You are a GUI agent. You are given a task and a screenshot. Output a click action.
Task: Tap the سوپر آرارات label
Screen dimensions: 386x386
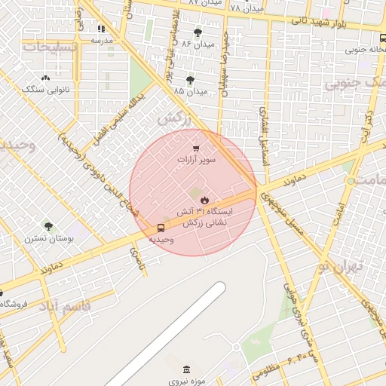point(197,161)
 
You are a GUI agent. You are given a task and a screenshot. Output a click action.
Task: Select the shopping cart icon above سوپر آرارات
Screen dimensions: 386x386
point(196,149)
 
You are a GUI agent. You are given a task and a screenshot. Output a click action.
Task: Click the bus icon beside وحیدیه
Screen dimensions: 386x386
point(161,228)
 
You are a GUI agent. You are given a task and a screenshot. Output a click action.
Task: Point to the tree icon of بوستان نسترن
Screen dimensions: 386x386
point(48,225)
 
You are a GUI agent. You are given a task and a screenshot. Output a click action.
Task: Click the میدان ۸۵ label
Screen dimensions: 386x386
point(189,91)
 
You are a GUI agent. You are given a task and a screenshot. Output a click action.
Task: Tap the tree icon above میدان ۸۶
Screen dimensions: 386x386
point(198,32)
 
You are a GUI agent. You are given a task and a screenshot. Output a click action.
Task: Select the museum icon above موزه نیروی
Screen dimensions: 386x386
point(186,369)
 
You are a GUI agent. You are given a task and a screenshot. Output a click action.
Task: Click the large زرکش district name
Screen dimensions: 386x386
point(173,119)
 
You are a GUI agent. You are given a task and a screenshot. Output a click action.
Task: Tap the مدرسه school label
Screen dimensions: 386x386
point(102,39)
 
